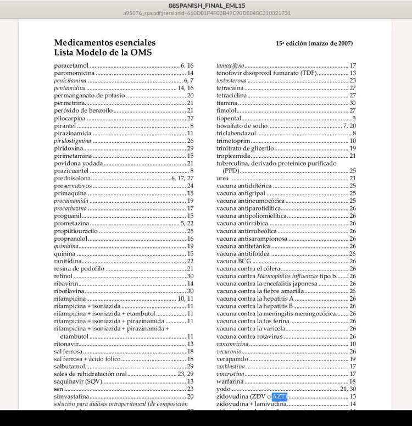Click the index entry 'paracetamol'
pyautogui.click(x=71, y=65)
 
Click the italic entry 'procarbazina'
pyautogui.click(x=71, y=209)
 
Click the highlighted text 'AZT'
pyautogui.click(x=280, y=396)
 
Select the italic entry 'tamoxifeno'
pyautogui.click(x=231, y=65)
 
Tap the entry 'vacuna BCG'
pyautogui.click(x=230, y=261)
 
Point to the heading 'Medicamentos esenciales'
pyautogui.click(x=104, y=43)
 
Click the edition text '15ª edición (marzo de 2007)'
pyautogui.click(x=314, y=43)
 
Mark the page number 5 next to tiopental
pyautogui.click(x=354, y=118)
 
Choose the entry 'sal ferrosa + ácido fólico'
pyautogui.click(x=87, y=359)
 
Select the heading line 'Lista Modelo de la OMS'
pyautogui.click(x=103, y=53)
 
